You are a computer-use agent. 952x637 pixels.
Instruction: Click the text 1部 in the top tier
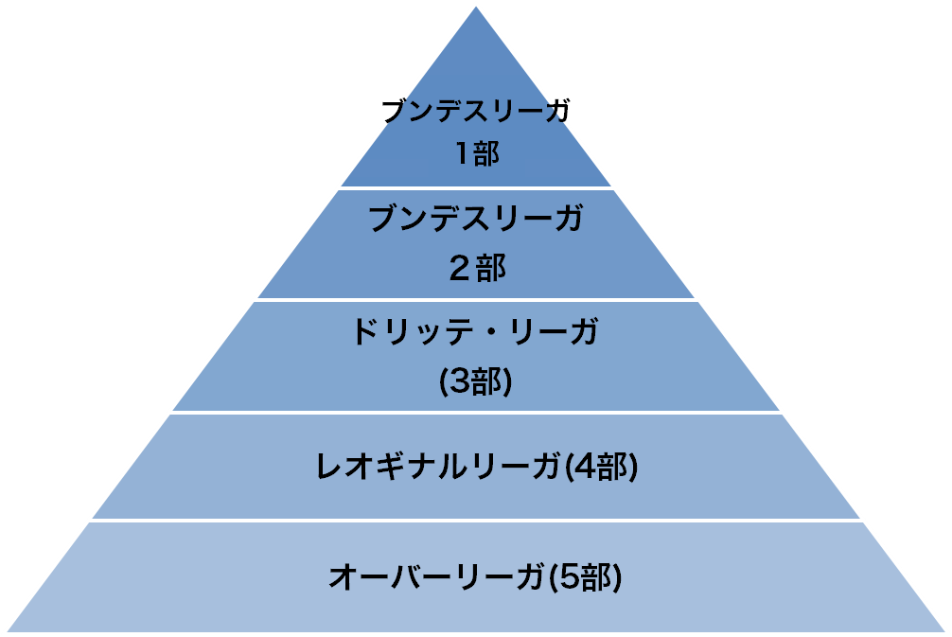point(478,153)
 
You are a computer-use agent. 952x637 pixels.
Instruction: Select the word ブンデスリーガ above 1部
point(476,112)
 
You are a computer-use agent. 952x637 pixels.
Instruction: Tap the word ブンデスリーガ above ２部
point(476,218)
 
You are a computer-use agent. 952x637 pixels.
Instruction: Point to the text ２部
point(477,269)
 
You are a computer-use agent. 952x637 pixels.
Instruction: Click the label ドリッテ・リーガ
point(476,331)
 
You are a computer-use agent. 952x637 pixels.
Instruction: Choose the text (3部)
point(476,382)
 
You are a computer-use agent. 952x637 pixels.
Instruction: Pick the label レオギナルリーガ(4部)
point(477,467)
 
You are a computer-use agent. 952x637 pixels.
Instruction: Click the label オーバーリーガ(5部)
point(476,576)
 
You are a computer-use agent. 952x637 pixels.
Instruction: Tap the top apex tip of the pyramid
point(476,7)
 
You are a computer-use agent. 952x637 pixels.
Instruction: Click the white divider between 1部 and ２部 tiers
point(476,188)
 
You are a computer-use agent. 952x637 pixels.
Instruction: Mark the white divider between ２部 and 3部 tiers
point(476,300)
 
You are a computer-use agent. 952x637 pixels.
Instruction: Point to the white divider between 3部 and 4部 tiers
point(476,413)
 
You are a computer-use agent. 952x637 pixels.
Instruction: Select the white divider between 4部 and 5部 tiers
point(476,521)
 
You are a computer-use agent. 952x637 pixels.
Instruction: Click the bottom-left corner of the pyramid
point(7,631)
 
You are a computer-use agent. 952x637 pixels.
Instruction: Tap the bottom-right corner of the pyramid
point(945,631)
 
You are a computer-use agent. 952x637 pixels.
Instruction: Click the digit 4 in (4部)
point(584,467)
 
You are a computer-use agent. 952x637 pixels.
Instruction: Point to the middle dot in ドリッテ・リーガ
point(493,333)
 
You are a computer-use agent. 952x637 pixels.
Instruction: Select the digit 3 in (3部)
point(458,382)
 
